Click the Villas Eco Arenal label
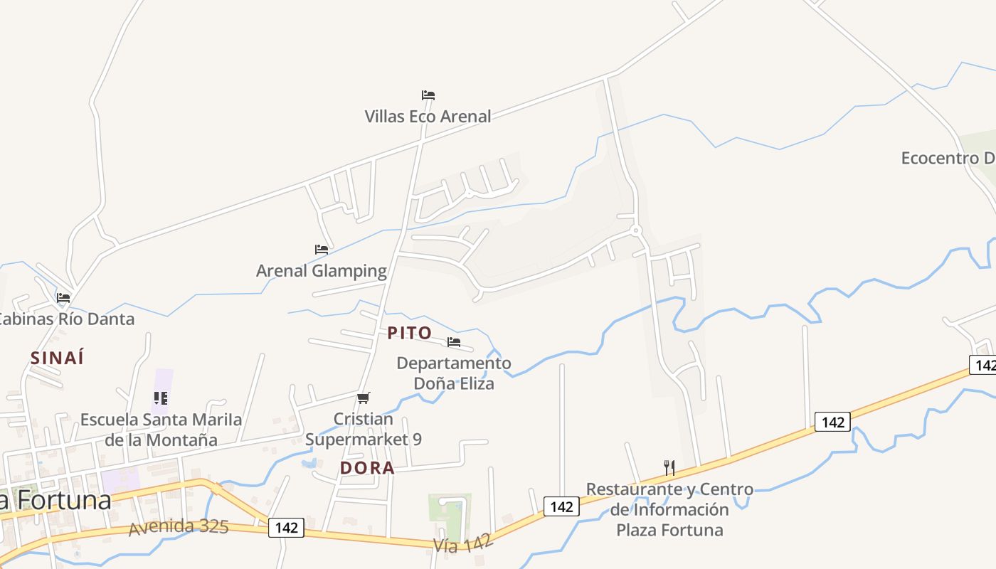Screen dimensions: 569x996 pos(428,116)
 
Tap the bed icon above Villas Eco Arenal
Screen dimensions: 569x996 pos(428,95)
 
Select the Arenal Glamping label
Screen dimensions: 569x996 pos(322,271)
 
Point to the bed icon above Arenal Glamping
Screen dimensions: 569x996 pos(322,250)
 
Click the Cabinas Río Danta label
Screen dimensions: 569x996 pos(66,319)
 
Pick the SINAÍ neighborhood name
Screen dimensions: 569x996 pos(57,358)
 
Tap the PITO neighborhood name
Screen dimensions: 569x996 pos(410,333)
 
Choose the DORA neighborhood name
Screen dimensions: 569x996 pos(367,468)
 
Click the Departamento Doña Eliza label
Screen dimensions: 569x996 pos(454,373)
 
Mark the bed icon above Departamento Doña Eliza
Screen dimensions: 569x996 pos(454,342)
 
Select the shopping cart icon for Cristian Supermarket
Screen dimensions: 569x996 pos(364,398)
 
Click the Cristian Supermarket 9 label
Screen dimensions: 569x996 pos(364,430)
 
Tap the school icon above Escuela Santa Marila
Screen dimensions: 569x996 pos(161,398)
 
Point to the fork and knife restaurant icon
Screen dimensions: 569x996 pos(669,467)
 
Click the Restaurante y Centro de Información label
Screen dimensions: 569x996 pos(669,509)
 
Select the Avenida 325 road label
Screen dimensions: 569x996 pos(179,527)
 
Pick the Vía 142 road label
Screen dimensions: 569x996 pos(463,544)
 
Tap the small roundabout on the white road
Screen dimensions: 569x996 pos(636,230)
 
